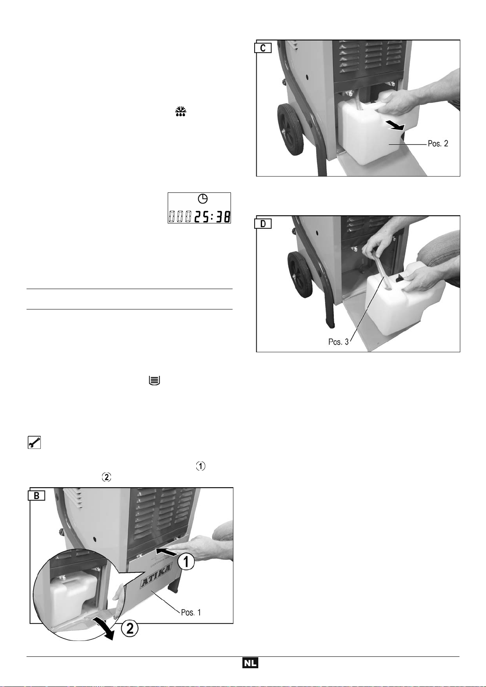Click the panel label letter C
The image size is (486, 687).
(263, 48)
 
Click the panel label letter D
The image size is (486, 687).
(263, 224)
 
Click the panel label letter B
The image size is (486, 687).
(37, 496)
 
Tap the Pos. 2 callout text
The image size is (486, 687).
(438, 144)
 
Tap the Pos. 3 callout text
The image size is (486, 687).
(338, 342)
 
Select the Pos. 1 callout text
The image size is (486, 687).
(191, 612)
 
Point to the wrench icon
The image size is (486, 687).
(34, 442)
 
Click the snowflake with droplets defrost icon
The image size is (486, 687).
(181, 112)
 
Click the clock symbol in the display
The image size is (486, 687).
(202, 199)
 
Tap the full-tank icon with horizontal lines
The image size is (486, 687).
(154, 381)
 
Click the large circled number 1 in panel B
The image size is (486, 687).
(185, 563)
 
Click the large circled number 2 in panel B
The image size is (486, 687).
(129, 629)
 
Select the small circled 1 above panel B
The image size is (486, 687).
(200, 466)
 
